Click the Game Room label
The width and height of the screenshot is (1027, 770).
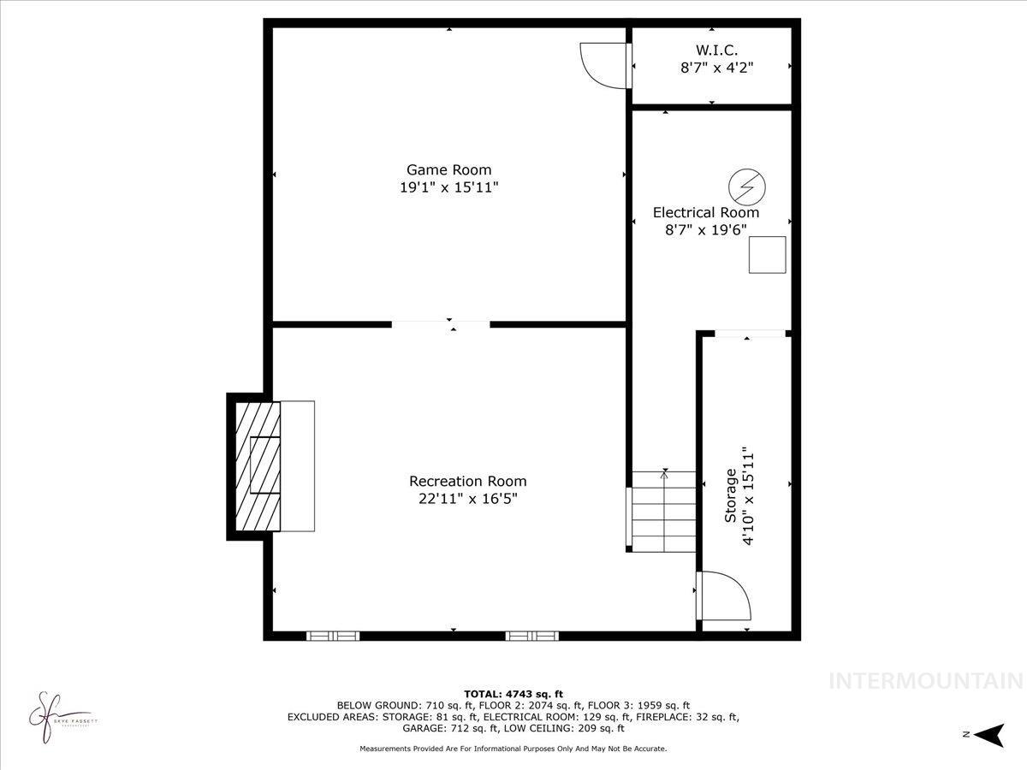(x=448, y=169)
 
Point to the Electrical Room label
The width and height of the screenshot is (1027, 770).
(x=705, y=212)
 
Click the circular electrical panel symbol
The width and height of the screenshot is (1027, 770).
(x=746, y=187)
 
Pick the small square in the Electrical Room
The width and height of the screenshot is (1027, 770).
(x=767, y=254)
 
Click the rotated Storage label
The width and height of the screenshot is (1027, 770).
(x=731, y=495)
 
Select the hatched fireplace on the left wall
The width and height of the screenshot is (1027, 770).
(x=258, y=466)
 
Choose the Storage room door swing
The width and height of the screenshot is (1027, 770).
(x=724, y=595)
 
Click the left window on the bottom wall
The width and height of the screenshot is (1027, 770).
(x=333, y=636)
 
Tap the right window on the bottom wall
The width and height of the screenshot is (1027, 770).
(x=531, y=636)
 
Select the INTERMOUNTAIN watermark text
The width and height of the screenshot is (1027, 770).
(x=926, y=681)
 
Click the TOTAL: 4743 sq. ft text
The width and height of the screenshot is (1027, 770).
(x=513, y=694)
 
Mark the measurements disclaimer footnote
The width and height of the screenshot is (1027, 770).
(x=513, y=749)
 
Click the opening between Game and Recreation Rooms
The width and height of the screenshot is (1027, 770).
(x=441, y=324)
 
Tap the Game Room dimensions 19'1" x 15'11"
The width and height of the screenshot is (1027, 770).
(x=448, y=187)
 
